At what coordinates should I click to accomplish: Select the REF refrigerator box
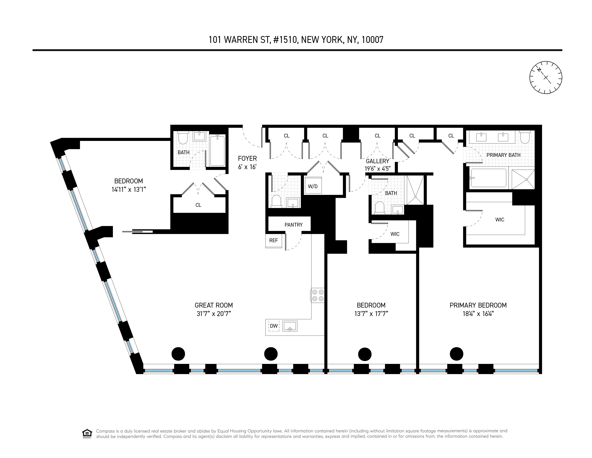point(274,240)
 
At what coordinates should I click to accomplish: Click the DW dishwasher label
point(274,326)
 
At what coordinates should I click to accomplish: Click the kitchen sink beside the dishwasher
point(290,326)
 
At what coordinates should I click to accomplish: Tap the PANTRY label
point(293,225)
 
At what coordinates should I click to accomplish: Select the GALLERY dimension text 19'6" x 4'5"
point(377,169)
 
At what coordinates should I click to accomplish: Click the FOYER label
point(247,158)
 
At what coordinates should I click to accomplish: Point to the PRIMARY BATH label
point(503,155)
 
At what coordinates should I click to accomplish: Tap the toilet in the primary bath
point(525,137)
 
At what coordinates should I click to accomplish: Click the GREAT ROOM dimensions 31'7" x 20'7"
point(214,314)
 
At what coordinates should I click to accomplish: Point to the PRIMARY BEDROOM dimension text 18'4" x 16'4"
point(478,314)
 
